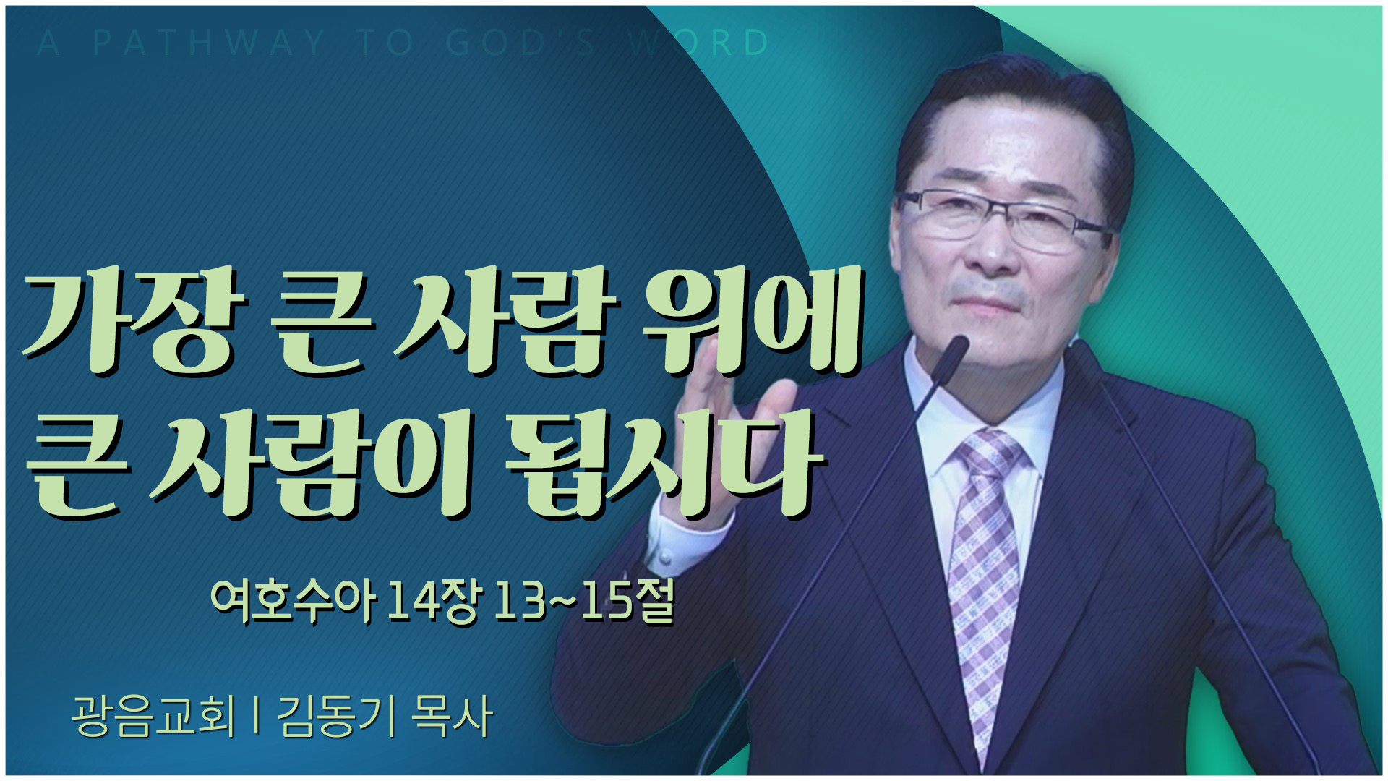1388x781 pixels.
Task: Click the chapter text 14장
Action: (432, 602)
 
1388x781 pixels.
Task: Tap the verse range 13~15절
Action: (583, 602)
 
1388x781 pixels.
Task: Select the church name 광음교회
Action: (153, 716)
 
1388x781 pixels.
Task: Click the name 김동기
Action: (335, 716)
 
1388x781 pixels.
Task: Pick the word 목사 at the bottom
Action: (452, 716)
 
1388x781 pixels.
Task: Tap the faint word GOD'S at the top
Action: (520, 43)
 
